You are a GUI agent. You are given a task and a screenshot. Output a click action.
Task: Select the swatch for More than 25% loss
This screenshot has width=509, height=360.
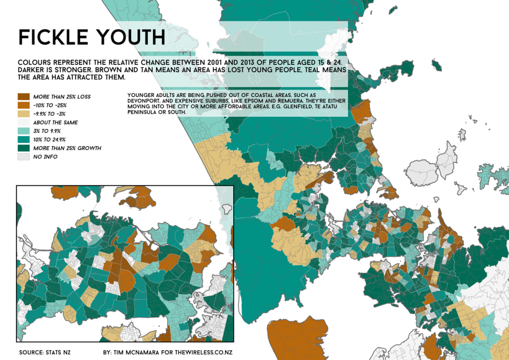tap(23, 97)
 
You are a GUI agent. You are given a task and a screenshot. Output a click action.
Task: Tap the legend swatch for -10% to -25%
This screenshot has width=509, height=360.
tap(23, 105)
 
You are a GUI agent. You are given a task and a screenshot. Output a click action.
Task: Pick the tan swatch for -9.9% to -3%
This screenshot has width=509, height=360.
tap(23, 114)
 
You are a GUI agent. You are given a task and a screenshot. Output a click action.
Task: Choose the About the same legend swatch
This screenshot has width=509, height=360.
tap(23, 123)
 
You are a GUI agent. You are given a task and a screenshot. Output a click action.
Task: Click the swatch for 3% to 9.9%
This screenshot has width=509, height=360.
tap(23, 131)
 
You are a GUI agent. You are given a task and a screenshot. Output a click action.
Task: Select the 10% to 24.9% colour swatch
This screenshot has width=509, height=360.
tap(23, 140)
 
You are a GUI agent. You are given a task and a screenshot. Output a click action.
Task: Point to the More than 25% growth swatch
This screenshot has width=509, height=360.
tap(23, 148)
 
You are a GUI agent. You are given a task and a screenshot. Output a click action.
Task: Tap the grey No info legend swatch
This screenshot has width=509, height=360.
tap(23, 157)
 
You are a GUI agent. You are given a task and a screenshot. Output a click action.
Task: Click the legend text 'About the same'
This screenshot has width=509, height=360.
tap(55, 123)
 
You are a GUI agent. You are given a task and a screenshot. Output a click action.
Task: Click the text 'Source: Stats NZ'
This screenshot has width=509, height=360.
tap(45, 352)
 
